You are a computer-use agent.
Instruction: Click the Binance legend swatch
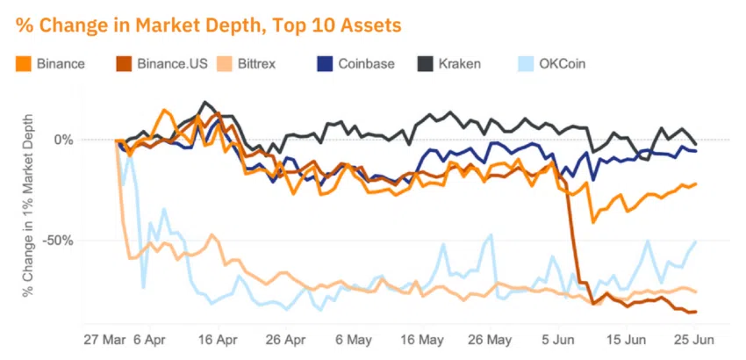(x=23, y=63)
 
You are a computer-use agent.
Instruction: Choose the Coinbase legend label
(x=364, y=63)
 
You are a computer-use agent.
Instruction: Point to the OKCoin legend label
(x=563, y=63)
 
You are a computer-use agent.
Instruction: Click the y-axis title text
(x=24, y=201)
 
